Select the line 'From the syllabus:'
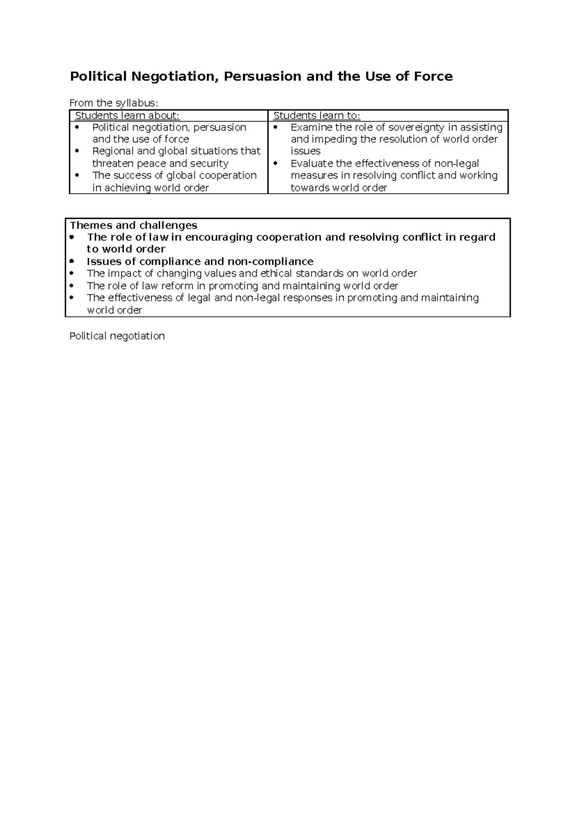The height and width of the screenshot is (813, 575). click(x=113, y=103)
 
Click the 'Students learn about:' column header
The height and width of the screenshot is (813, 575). click(x=127, y=115)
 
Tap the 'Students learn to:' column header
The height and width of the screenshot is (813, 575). click(x=316, y=115)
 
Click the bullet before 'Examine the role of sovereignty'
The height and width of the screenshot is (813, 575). click(x=276, y=128)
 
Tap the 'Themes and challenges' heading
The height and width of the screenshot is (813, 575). click(x=134, y=225)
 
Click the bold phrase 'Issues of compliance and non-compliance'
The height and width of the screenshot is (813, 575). click(x=200, y=261)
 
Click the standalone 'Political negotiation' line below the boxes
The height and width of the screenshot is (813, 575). click(x=117, y=336)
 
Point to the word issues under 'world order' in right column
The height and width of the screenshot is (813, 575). click(x=305, y=151)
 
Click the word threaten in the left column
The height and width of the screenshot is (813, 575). click(x=113, y=164)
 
